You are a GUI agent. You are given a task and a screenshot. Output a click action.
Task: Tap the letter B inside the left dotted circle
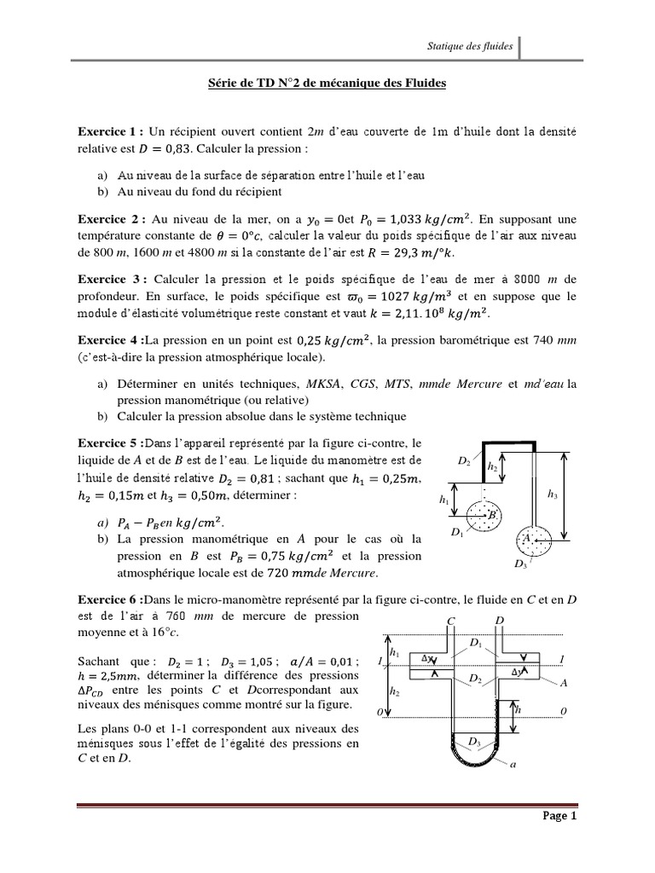coord(491,515)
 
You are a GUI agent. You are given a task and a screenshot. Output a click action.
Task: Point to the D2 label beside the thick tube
coord(463,461)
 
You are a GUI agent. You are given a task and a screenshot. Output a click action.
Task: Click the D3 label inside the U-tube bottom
coord(474,743)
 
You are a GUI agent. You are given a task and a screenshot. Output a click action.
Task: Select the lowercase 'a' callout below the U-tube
coord(513,765)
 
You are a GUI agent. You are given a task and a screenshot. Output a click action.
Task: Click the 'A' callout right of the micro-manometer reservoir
coord(564,684)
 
